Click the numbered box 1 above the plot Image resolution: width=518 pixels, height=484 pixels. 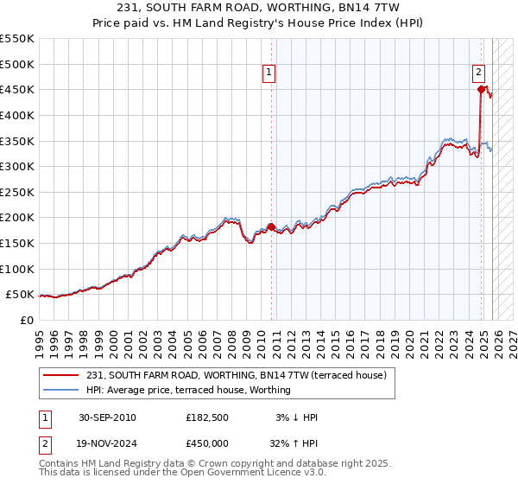coord(269,73)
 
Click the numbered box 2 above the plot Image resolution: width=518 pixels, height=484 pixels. coord(478,73)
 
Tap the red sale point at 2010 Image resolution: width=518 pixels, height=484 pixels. coord(271,226)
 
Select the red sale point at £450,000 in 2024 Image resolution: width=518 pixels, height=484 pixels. coord(481,88)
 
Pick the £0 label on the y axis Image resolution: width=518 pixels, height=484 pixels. coord(26,320)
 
